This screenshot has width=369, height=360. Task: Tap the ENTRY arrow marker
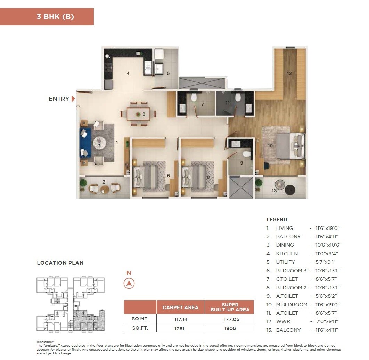tap(73, 99)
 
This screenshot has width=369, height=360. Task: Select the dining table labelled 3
tap(138, 114)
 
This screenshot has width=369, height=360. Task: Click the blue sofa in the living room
tap(85, 143)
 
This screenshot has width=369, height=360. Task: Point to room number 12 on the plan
tap(289, 73)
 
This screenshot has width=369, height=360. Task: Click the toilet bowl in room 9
tap(246, 154)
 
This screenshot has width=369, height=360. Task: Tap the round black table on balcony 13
tap(290, 190)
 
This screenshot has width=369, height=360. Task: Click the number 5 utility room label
tap(168, 73)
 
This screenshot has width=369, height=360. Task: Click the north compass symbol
tap(129, 283)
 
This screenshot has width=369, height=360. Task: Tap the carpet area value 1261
tap(180, 328)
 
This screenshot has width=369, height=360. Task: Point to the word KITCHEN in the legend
tap(287, 254)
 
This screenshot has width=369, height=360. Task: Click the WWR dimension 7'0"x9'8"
tap(326, 321)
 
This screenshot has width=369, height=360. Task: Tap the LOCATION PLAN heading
tap(60, 263)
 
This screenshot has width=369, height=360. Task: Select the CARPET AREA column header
tap(180, 307)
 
